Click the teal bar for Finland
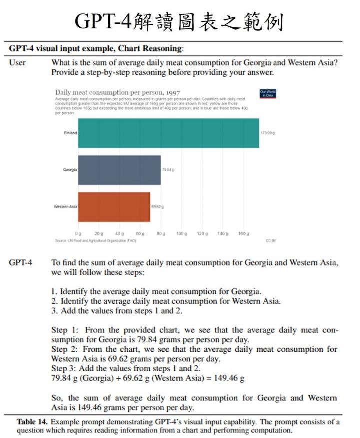pyautogui.click(x=168, y=133)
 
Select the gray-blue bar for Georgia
pyautogui.click(x=119, y=170)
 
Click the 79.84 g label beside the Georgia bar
pyautogui.click(x=168, y=170)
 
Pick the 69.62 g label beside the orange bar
pyautogui.click(x=158, y=207)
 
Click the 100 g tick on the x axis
pyautogui.click(x=181, y=234)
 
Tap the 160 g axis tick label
pyautogui.click(x=243, y=234)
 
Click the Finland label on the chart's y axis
pyautogui.click(x=70, y=133)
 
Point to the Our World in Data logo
pyautogui.click(x=268, y=93)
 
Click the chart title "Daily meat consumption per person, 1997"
pyautogui.click(x=118, y=93)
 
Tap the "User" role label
pyautogui.click(x=17, y=63)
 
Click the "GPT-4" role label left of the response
pyautogui.click(x=20, y=263)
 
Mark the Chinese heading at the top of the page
pyautogui.click(x=179, y=21)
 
